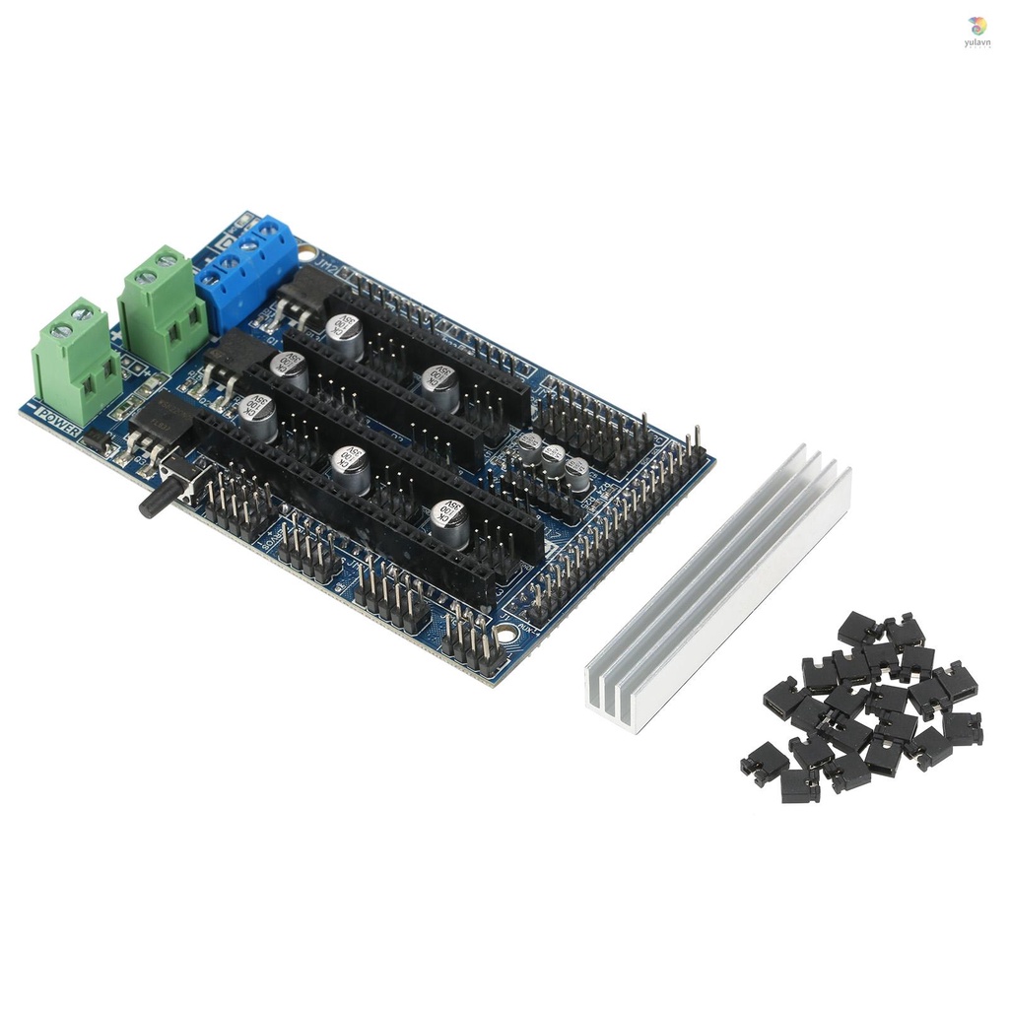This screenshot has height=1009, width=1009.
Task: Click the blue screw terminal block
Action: [x=246, y=265]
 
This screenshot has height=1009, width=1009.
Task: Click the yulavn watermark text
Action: [x=977, y=44]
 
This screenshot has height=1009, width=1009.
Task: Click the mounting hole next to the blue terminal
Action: [x=307, y=253]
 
